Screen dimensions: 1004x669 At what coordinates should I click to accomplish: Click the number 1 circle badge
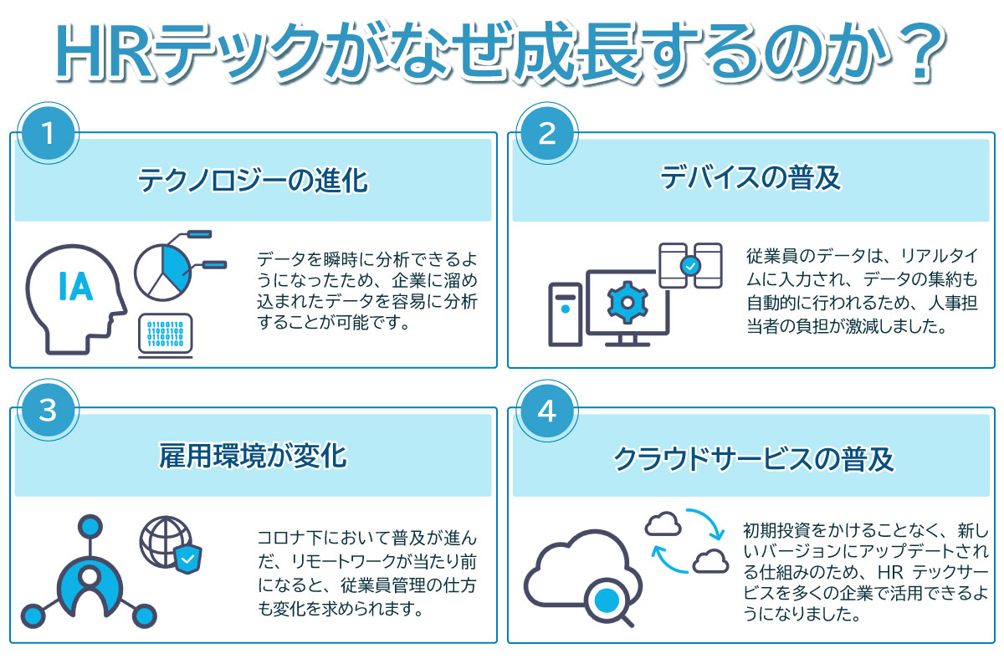[x=49, y=133]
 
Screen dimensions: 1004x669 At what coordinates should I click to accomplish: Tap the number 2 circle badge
[x=547, y=133]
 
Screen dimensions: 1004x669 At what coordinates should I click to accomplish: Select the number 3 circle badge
[x=49, y=411]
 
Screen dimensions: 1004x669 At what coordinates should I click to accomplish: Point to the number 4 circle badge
[x=547, y=411]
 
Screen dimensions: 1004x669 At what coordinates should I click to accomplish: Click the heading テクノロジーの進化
[x=253, y=181]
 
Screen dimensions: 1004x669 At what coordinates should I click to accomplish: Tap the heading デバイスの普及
[x=750, y=178]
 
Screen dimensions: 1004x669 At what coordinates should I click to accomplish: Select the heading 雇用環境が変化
[x=253, y=456]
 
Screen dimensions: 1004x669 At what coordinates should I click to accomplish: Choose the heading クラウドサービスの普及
[x=754, y=459]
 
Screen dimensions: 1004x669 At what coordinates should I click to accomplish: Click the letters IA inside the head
[x=76, y=286]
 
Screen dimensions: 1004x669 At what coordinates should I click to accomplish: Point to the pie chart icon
[x=162, y=273]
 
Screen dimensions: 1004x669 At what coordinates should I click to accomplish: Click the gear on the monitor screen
[x=627, y=303]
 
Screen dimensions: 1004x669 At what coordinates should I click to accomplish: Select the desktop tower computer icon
[x=566, y=314]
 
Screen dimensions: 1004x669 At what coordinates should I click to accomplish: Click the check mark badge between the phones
[x=691, y=266]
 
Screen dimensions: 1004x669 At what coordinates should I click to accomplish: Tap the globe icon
[x=166, y=542]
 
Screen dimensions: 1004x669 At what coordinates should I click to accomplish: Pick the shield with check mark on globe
[x=187, y=559]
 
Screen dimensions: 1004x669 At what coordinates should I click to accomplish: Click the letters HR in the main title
[x=104, y=53]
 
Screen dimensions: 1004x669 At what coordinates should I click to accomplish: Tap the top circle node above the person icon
[x=90, y=527]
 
